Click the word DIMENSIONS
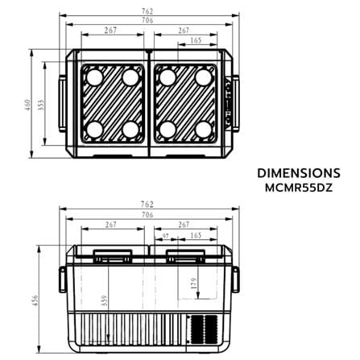[299, 173]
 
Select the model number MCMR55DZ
[299, 188]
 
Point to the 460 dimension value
[27, 106]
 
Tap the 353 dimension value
[40, 106]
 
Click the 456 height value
[35, 300]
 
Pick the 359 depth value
[105, 300]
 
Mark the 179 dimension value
[194, 283]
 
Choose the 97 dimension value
[166, 236]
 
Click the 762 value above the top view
[147, 11]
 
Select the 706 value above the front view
[147, 215]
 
